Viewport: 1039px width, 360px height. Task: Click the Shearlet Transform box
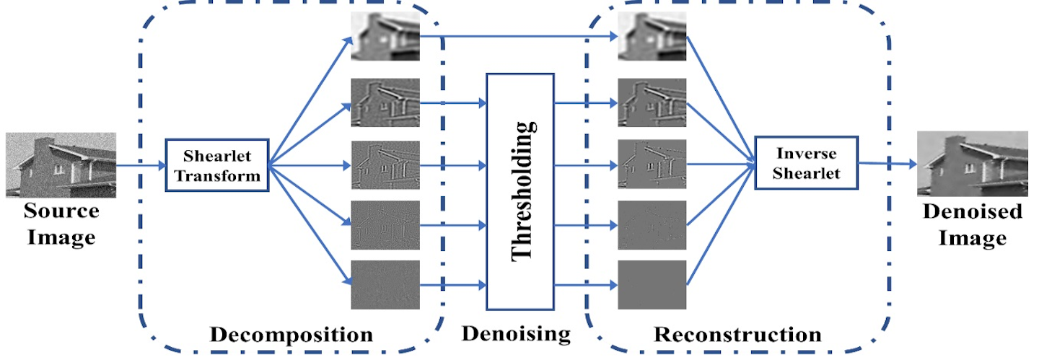point(217,165)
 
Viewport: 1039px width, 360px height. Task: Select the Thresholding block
point(520,190)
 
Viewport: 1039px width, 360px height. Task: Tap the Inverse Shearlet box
point(806,162)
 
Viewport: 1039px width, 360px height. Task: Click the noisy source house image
point(61,164)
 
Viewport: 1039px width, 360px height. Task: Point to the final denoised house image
point(972,164)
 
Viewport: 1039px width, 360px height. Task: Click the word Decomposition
point(291,335)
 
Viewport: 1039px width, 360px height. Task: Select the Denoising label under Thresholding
point(516,333)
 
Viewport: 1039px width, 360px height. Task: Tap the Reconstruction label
point(737,335)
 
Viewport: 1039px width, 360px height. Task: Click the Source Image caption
point(61,224)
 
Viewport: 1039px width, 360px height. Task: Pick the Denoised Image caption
point(972,224)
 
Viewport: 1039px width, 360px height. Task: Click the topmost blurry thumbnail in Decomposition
point(385,37)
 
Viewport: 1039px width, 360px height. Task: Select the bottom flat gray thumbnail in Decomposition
point(385,285)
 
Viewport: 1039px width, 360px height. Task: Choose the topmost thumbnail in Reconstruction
point(652,37)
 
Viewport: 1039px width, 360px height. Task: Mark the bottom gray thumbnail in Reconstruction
point(652,285)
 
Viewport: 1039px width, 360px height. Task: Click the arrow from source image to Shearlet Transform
point(141,165)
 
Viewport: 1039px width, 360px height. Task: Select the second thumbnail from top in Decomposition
point(385,102)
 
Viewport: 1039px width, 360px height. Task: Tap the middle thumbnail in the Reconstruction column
point(652,164)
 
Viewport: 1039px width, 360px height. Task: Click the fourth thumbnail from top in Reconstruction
point(652,225)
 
